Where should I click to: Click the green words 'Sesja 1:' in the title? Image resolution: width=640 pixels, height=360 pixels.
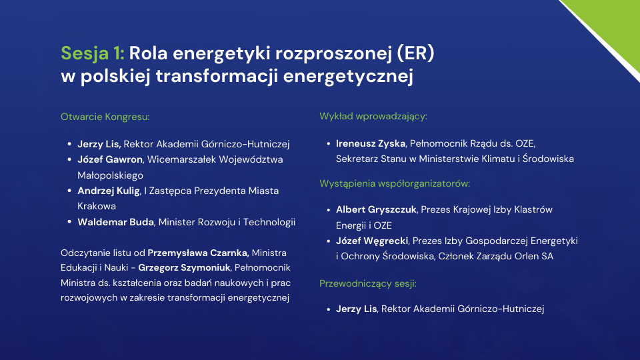point(92,53)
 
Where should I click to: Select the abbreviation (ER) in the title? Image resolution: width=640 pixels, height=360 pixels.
point(415,53)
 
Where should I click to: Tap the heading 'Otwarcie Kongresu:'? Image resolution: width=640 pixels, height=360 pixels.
point(105,117)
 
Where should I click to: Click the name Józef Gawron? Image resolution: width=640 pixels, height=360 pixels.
point(110,159)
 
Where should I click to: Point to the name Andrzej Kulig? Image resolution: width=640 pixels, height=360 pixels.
point(109,191)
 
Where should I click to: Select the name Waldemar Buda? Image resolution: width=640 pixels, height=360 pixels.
point(115,222)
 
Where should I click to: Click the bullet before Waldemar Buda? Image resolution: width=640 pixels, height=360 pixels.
point(69,222)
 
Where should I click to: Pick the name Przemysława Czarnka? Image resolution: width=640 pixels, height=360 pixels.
point(198,253)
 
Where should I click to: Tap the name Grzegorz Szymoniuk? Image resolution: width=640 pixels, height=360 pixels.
point(184,268)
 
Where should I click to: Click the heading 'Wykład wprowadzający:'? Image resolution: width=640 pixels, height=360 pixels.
point(373,116)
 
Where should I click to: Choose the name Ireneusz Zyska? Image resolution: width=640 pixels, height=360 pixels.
point(371,144)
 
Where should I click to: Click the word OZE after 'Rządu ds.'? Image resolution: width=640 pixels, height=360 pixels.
point(525,144)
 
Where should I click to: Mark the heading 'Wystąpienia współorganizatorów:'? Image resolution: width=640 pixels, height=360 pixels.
point(395,184)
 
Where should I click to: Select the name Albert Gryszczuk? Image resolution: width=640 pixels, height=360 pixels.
point(376,210)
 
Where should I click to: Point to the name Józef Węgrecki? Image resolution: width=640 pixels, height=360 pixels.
point(372,241)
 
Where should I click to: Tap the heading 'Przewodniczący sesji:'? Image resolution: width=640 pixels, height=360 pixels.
point(368,284)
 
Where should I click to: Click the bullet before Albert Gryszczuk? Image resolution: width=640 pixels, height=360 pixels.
point(328,210)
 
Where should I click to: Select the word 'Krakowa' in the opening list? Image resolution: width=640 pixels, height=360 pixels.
point(97,206)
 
